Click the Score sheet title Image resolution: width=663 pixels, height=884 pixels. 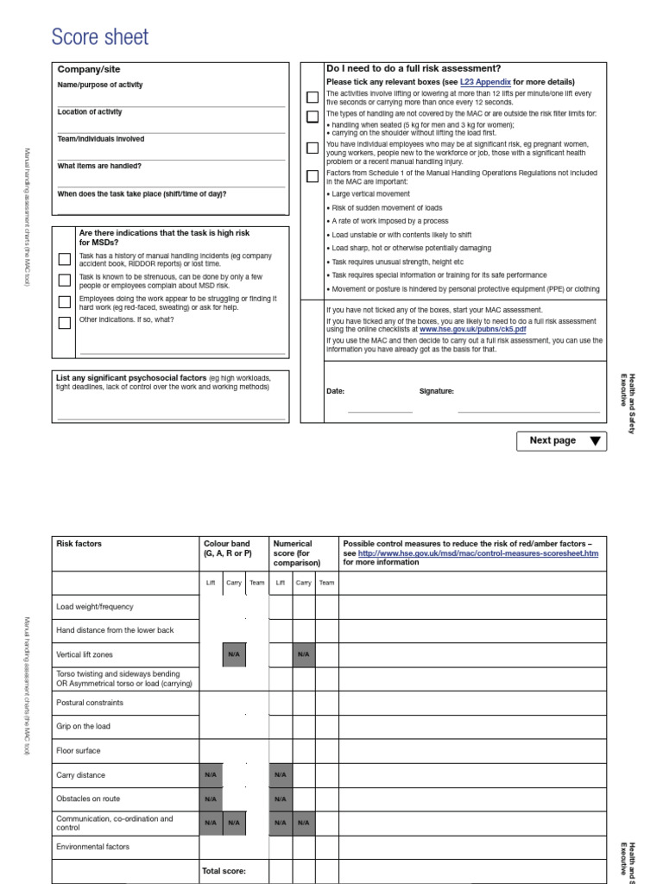(x=99, y=37)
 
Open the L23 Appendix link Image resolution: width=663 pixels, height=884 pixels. (x=486, y=82)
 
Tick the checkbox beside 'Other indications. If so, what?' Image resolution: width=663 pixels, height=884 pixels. (x=65, y=324)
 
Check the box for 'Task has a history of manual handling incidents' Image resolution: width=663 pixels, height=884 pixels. (x=65, y=259)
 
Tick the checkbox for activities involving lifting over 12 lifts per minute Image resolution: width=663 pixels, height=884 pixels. (x=313, y=97)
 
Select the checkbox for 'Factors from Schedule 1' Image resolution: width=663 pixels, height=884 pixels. (x=313, y=177)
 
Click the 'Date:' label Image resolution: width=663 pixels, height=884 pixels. (x=336, y=391)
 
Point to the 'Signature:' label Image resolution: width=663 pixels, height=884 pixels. (x=436, y=391)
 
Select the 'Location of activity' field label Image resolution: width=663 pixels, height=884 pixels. (x=90, y=112)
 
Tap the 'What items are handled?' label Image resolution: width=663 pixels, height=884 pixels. (x=99, y=166)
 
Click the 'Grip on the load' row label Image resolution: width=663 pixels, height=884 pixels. (x=83, y=727)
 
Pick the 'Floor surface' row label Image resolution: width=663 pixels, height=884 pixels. (x=78, y=751)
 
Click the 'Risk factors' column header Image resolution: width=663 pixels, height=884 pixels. (x=79, y=544)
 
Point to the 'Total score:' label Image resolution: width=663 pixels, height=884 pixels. (x=224, y=871)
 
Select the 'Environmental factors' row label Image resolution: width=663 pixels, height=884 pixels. (x=93, y=847)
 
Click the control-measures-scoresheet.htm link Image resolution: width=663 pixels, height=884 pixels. (x=477, y=553)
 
